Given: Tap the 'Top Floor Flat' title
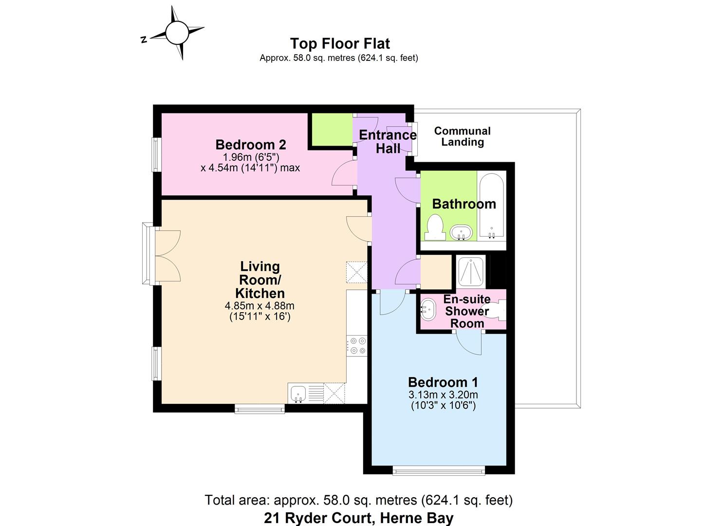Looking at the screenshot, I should (340, 43).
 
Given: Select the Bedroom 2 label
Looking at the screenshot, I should (250, 145).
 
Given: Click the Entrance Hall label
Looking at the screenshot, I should (388, 142).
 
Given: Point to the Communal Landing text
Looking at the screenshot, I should (462, 136).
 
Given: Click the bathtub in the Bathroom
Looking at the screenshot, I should (492, 207).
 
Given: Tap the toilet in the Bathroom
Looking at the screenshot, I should (434, 228).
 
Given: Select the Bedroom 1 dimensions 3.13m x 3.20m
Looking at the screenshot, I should (443, 399).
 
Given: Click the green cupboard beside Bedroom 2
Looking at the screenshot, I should (332, 129).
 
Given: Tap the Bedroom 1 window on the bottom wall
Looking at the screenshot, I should (439, 470).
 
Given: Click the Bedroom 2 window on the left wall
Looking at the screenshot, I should (156, 154).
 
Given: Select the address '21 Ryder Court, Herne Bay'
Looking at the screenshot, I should (358, 518).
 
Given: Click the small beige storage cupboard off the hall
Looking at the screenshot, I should (436, 272).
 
